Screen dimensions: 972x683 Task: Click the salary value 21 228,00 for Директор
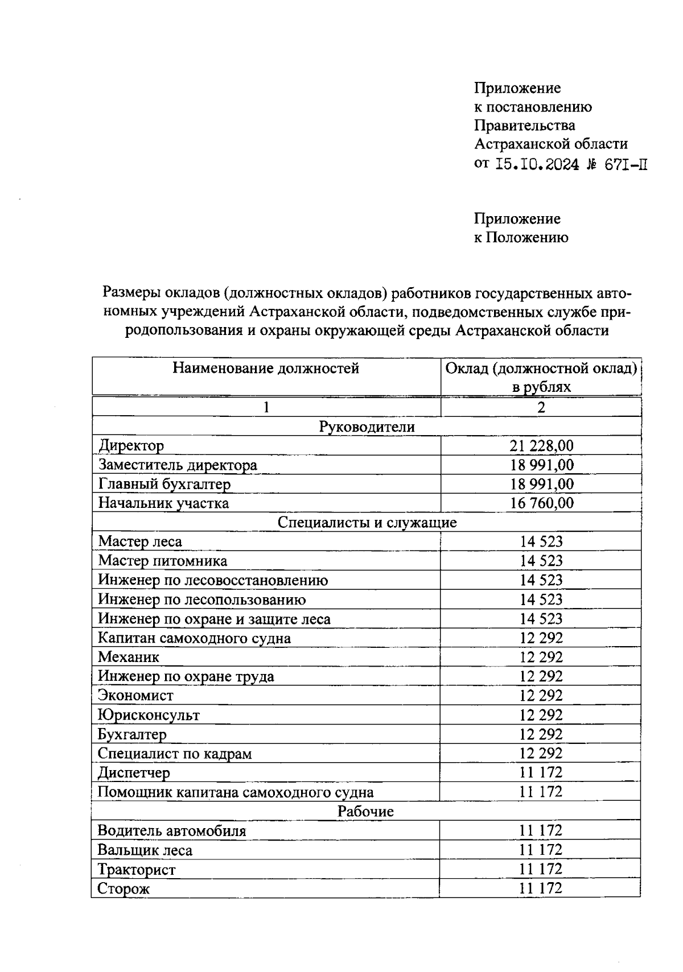541,446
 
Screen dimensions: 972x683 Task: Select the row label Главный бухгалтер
164,485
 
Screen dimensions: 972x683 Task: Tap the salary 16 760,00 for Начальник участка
541,503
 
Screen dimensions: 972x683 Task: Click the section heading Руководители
367,427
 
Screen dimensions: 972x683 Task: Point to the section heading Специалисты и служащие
367,522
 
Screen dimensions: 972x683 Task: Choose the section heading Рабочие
365,812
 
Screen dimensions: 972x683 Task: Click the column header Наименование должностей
266,369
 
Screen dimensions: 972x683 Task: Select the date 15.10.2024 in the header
537,165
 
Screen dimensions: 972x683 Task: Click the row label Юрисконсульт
149,715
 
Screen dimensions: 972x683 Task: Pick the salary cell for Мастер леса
541,541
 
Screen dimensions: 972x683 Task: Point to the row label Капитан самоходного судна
194,638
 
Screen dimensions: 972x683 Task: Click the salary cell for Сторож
540,888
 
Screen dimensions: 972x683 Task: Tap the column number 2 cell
541,407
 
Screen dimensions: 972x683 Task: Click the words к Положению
521,238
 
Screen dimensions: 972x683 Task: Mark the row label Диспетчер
134,773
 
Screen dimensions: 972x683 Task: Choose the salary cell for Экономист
541,696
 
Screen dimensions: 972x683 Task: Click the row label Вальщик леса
145,850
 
